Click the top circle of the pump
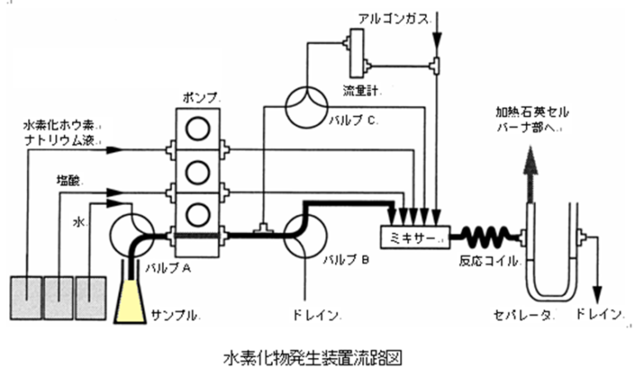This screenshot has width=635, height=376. click(x=196, y=131)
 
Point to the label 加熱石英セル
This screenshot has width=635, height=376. click(x=526, y=112)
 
